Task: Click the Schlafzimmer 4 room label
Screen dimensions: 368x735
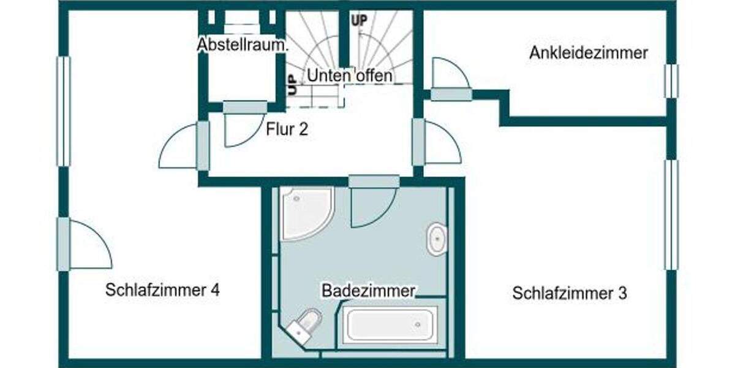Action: [x=162, y=290]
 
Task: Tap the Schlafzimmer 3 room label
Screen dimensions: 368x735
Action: [x=570, y=293]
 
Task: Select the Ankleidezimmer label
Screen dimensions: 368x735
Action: [x=588, y=53]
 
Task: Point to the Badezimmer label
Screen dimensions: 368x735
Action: [x=369, y=290]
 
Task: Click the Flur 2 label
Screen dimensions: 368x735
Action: [x=287, y=129]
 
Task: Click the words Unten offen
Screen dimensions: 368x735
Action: [x=350, y=76]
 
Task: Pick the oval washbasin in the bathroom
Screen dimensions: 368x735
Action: [x=437, y=239]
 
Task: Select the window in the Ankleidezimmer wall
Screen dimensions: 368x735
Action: [x=671, y=81]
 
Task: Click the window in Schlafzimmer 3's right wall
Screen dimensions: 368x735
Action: [x=671, y=215]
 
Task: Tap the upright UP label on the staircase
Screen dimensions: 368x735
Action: [x=359, y=20]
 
